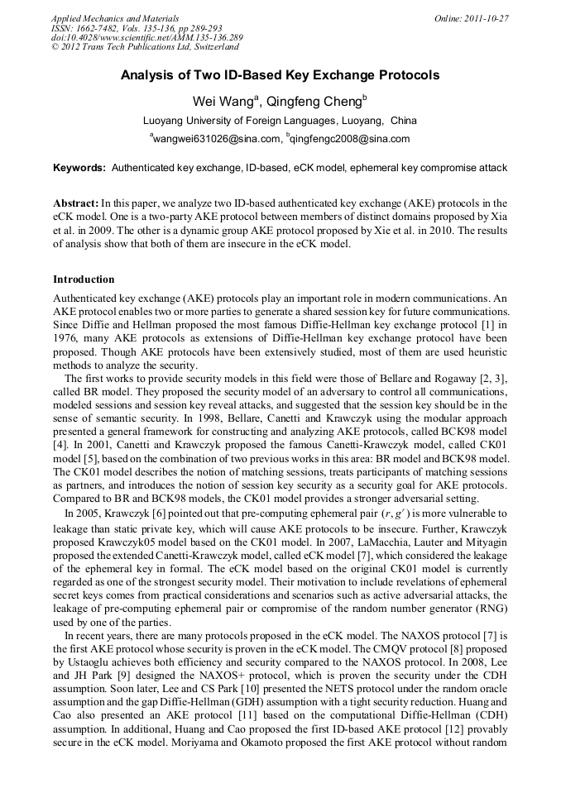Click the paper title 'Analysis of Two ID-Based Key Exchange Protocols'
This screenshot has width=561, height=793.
coord(280,75)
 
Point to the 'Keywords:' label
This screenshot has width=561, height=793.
coord(79,167)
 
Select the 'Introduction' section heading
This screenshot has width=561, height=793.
coord(84,279)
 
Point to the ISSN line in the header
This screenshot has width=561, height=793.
coord(132,28)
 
